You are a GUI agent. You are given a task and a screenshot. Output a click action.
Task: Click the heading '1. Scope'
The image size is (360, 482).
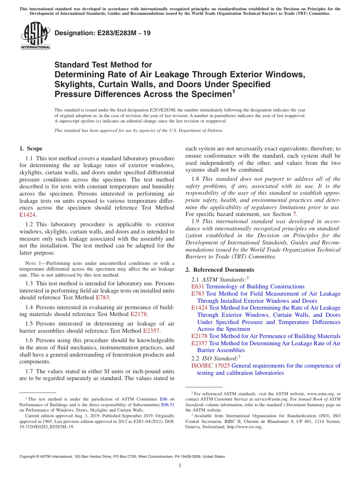point(31,149)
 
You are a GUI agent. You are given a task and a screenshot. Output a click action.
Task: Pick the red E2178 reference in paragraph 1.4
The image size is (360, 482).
point(138,314)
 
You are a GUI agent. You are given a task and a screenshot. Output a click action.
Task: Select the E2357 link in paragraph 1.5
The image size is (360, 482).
point(152,331)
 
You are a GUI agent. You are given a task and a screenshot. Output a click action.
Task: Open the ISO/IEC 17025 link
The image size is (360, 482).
point(211,366)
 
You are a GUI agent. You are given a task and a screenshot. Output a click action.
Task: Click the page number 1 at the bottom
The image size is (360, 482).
point(180,466)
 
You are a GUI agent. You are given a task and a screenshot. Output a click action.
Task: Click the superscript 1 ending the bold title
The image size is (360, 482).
point(233,91)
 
